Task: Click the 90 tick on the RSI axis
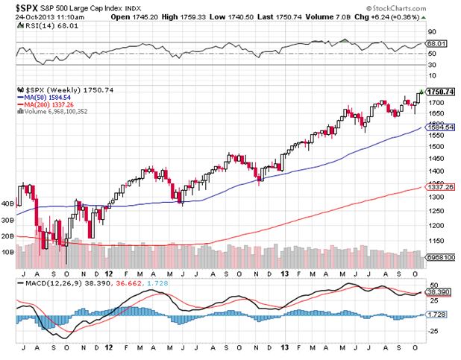431,33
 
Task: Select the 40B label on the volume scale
9,203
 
